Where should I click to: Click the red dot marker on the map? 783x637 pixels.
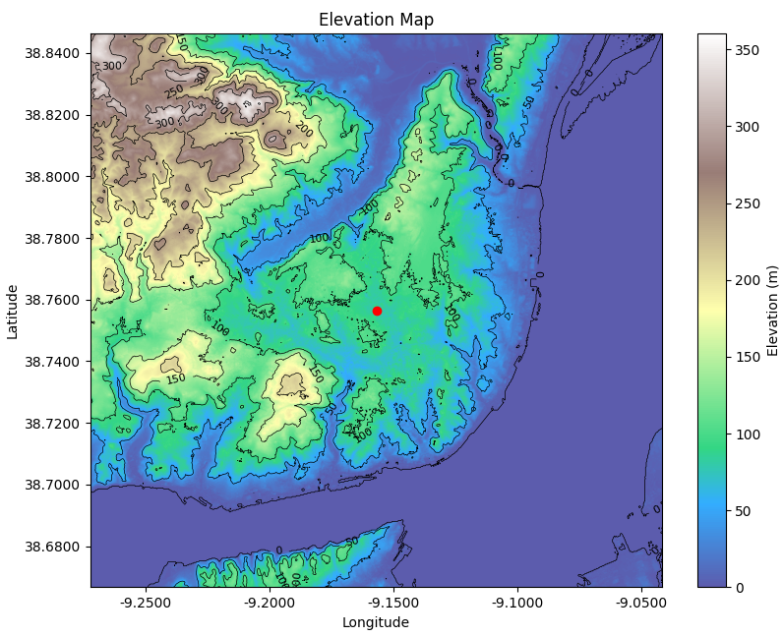click(x=377, y=311)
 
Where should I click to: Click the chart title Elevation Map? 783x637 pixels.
click(x=376, y=20)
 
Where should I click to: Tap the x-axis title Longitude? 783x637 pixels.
click(x=376, y=622)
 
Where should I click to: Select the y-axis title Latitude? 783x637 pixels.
click(x=13, y=311)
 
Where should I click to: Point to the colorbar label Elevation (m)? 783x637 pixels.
click(x=772, y=311)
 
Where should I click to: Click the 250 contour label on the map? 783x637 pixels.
click(x=174, y=91)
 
